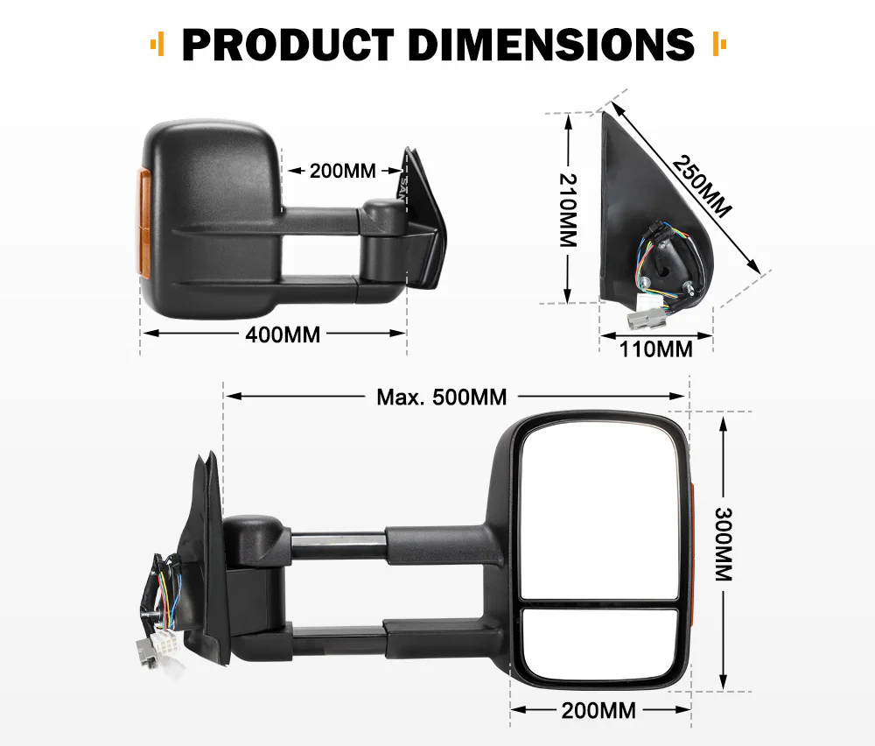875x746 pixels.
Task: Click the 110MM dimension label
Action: [x=656, y=349]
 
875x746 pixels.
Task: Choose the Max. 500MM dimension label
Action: [x=442, y=397]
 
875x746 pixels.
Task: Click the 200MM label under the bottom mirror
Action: [x=598, y=710]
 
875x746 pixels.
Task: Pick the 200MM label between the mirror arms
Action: [x=342, y=171]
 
